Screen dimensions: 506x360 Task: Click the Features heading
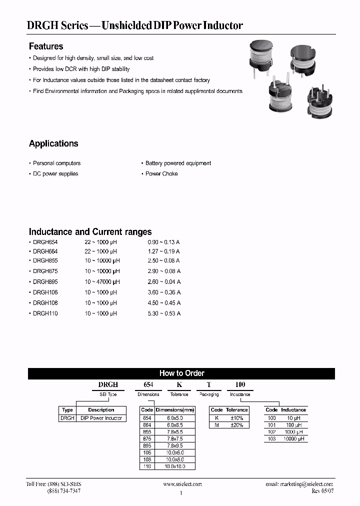46,46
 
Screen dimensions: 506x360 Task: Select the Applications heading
53,143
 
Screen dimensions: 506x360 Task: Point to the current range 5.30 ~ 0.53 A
161,313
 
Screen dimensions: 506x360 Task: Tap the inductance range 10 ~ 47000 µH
102,281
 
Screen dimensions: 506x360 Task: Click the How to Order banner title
181,373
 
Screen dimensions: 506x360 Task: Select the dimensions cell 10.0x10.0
174,466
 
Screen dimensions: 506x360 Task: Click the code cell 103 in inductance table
271,438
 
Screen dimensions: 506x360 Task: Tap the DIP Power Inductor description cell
101,418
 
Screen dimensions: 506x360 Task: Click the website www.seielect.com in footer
182,484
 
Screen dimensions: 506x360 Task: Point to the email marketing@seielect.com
299,484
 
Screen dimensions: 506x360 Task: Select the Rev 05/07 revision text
322,491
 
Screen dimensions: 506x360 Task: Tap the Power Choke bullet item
161,173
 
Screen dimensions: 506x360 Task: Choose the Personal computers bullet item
56,163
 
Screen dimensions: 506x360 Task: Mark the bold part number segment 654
148,384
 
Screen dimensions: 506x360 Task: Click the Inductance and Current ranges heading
90,232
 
